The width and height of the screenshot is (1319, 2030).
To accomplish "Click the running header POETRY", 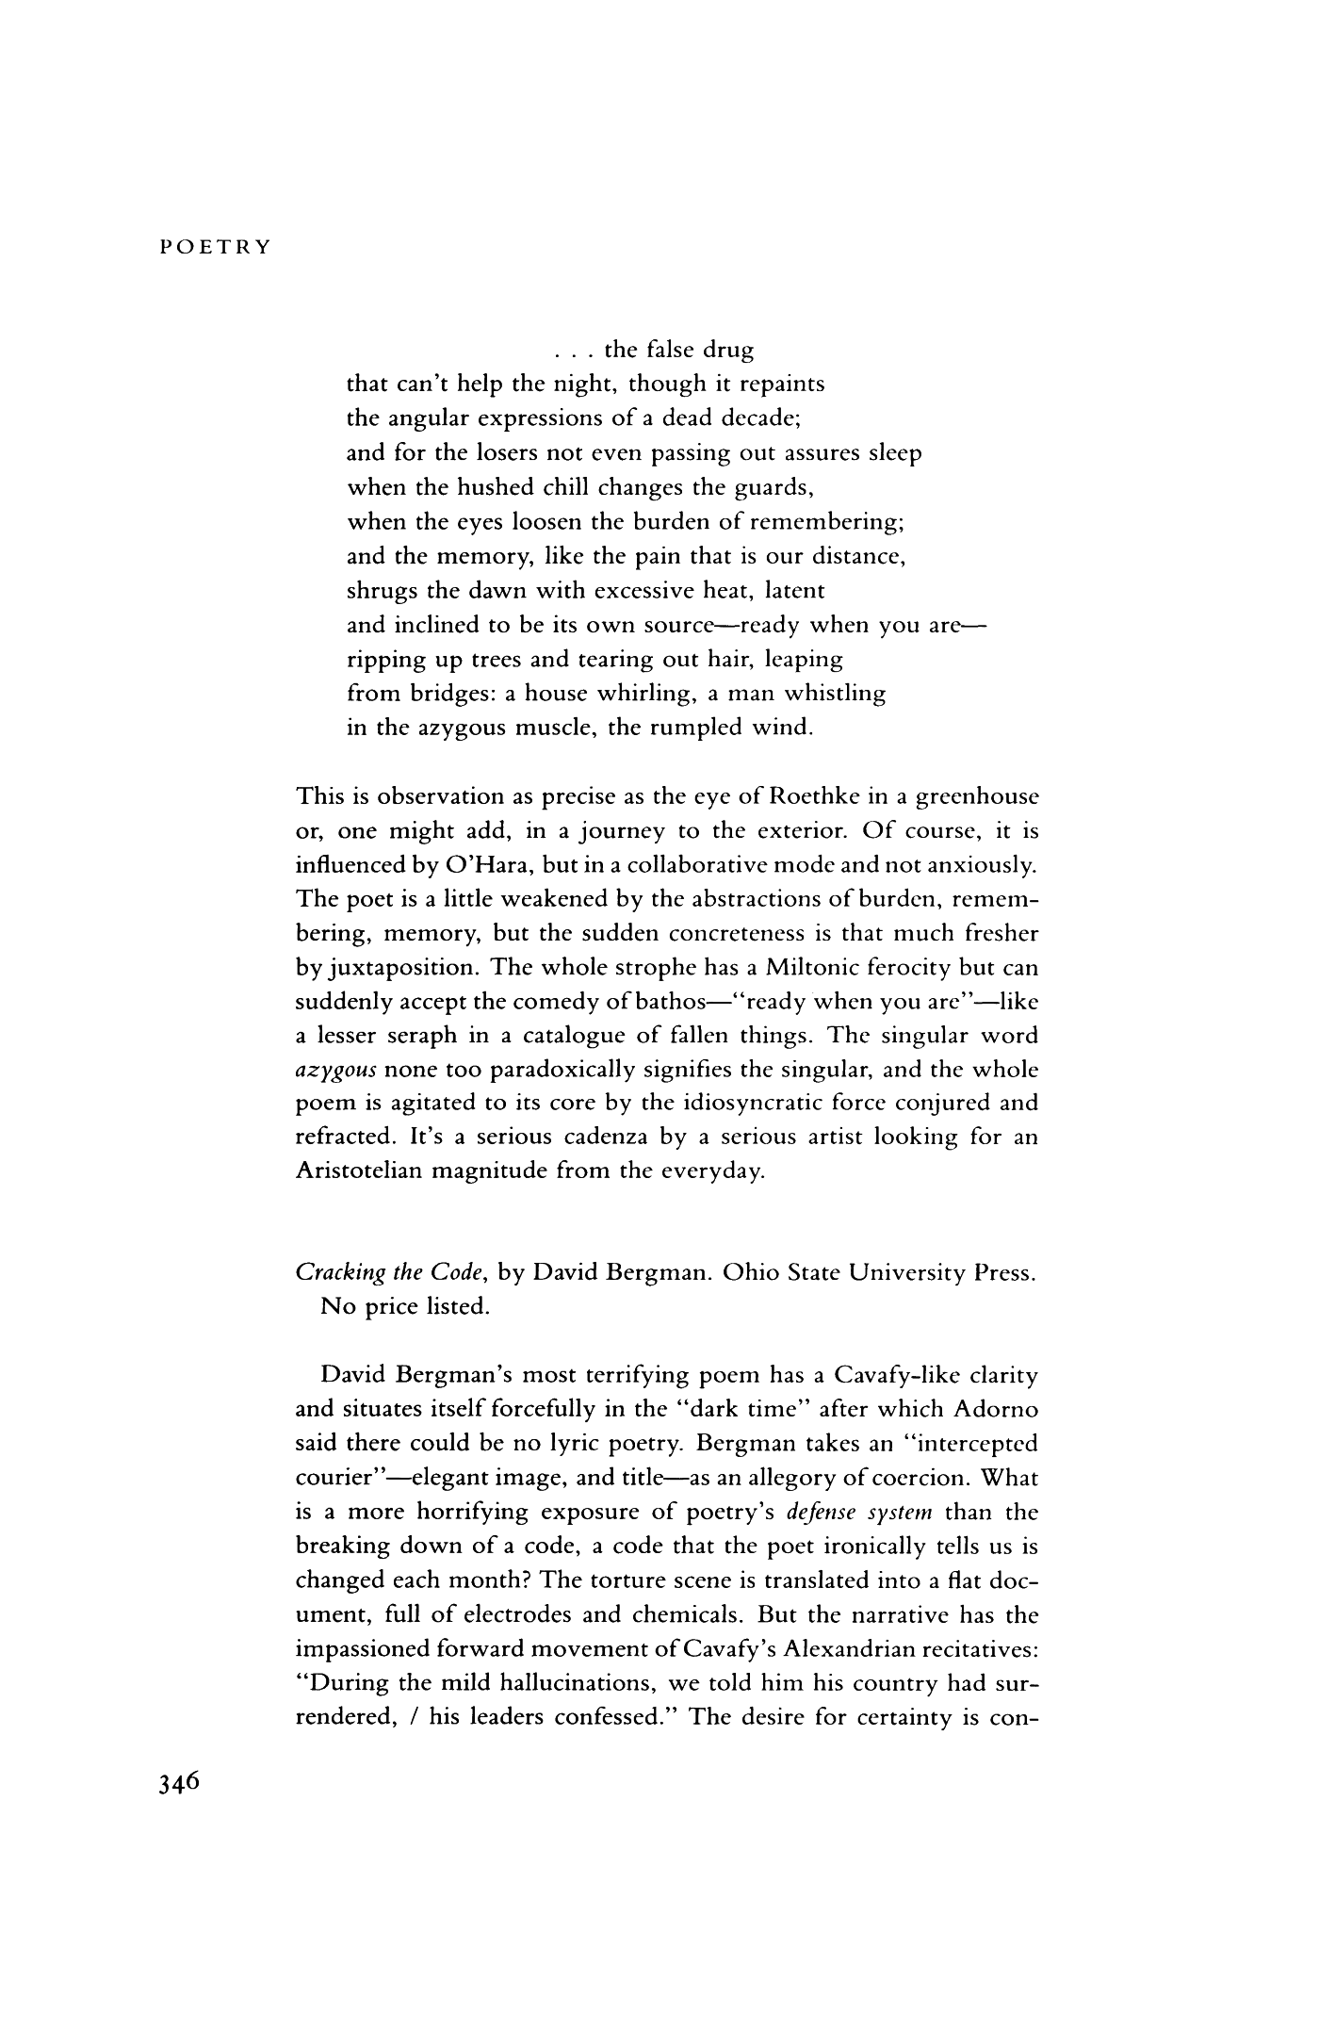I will coord(215,248).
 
